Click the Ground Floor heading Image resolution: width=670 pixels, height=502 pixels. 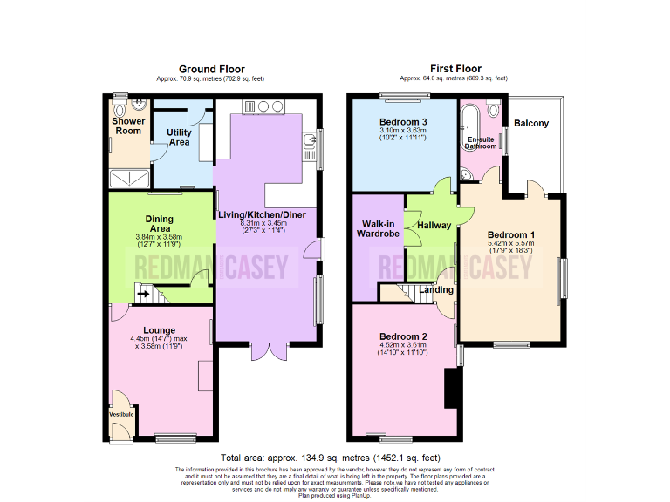(x=211, y=69)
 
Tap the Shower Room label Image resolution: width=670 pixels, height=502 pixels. (x=128, y=126)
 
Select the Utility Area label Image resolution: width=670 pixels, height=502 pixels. (x=179, y=137)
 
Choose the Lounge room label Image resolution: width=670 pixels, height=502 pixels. (x=160, y=330)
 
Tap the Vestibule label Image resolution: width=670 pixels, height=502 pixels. (x=121, y=414)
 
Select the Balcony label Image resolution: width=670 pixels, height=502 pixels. (x=531, y=123)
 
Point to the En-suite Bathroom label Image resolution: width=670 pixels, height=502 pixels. (x=480, y=143)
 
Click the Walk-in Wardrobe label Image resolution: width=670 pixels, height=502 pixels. (x=379, y=229)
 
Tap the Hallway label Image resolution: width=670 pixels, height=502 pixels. (x=434, y=225)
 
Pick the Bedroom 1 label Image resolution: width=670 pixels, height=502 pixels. (x=510, y=235)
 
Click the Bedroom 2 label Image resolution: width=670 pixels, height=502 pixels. (x=403, y=336)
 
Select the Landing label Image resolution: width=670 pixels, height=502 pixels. (x=436, y=289)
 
